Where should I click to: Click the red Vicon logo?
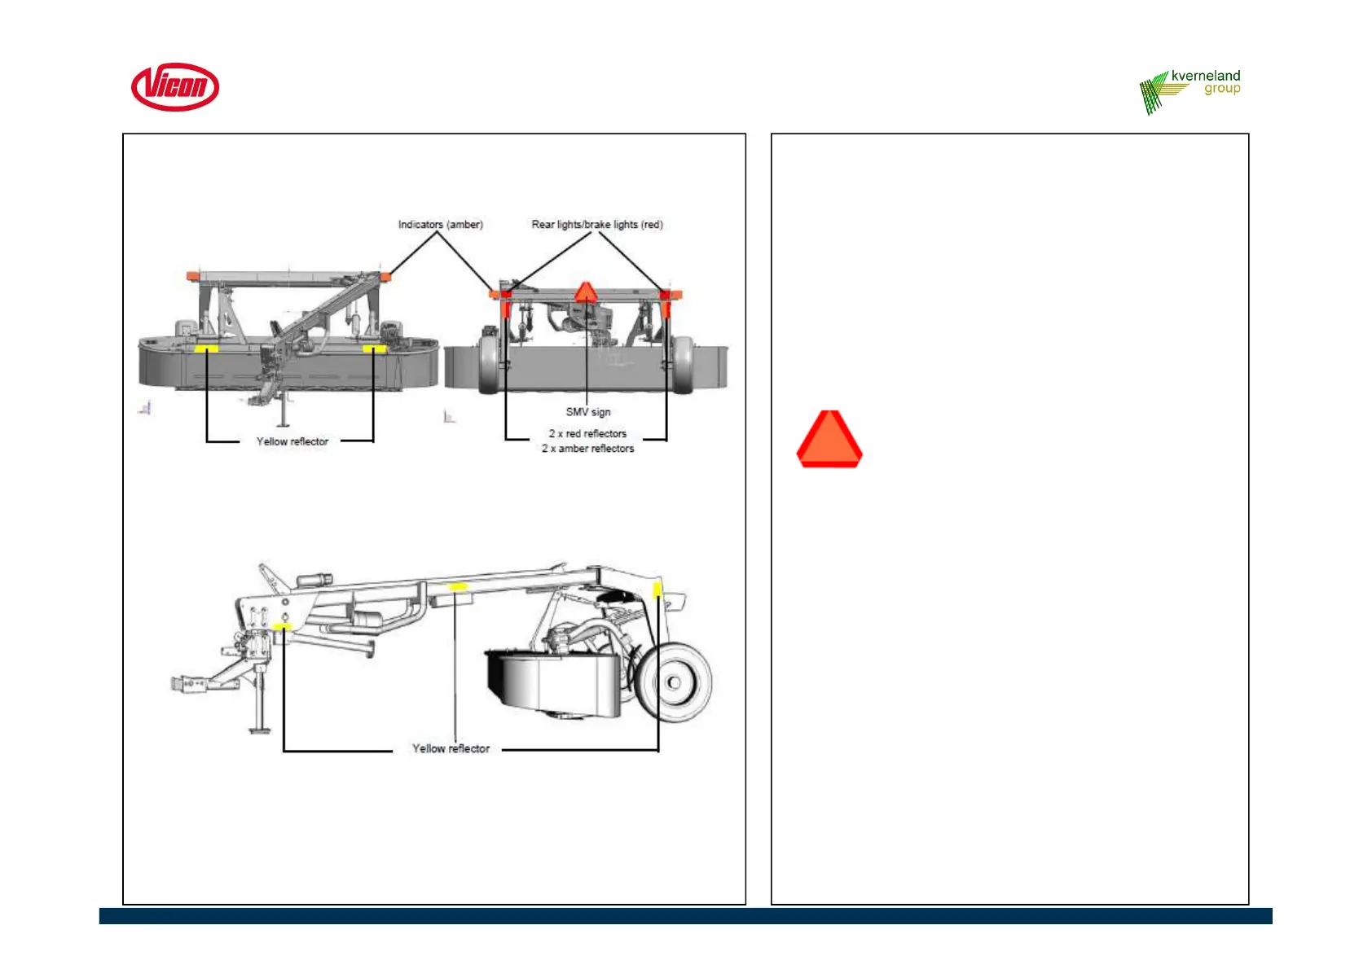coord(175,86)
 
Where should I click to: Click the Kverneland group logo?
coord(1190,90)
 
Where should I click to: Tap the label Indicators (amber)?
coord(440,224)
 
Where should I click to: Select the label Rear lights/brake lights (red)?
coord(597,224)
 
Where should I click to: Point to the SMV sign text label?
coord(588,412)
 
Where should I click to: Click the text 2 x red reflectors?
coord(587,434)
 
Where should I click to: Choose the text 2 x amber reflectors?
coord(587,449)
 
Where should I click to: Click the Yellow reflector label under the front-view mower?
coord(292,441)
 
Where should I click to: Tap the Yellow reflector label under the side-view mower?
coord(451,748)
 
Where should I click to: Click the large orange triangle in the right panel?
coord(829,440)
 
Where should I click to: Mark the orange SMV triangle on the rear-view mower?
coord(585,292)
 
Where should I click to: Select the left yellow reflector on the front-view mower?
coord(206,349)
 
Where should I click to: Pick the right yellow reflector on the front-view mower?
coord(374,349)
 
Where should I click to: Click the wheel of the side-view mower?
coord(674,682)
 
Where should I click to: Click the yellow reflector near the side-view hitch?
coord(283,626)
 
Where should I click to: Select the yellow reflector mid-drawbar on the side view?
coord(458,586)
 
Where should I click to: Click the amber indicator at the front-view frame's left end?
coord(192,276)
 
